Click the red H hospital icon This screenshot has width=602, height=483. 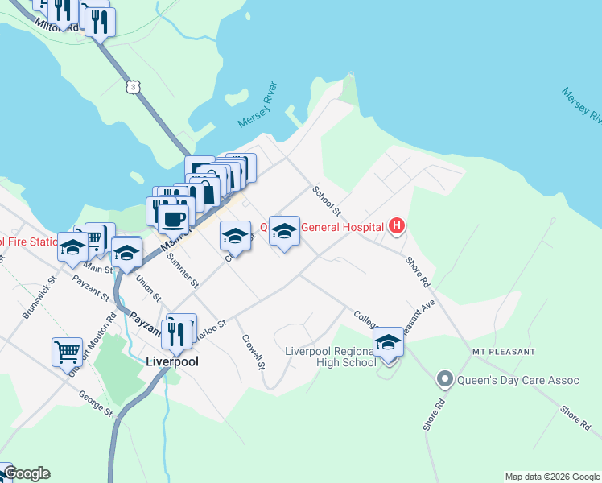pos(396,226)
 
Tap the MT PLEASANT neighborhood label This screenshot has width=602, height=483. pos(504,352)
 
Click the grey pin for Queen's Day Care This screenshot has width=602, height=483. pos(443,378)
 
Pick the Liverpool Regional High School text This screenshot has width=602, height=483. pos(330,357)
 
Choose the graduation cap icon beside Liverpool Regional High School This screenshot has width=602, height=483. pos(388,342)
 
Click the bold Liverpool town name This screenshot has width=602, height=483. pos(171,361)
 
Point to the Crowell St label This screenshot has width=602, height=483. pos(255,351)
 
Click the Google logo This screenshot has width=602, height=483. pos(26,473)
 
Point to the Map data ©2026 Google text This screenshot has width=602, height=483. pos(552,477)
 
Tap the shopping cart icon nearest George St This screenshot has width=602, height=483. pos(67,351)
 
